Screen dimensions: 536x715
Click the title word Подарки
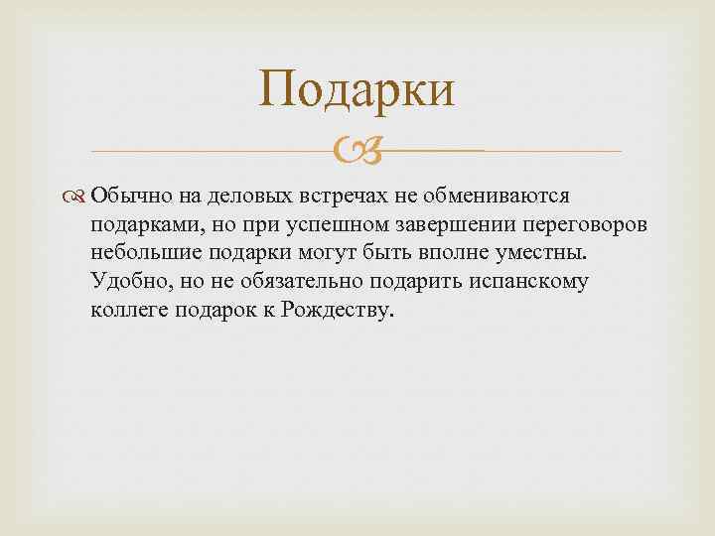click(357, 89)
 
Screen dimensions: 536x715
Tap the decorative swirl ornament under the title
click(357, 152)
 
